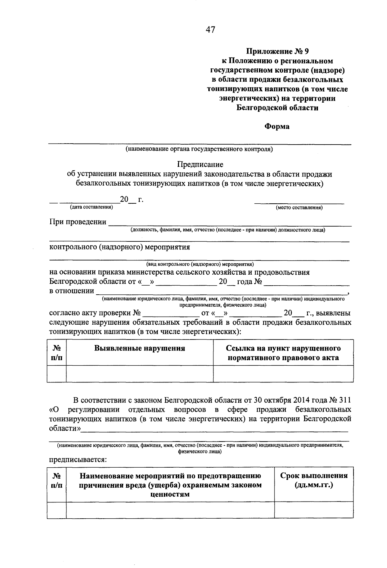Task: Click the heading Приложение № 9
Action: [277, 51]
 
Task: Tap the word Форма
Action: [277, 127]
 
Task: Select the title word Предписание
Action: [200, 165]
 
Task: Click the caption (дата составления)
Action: [92, 207]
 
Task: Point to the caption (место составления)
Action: [299, 208]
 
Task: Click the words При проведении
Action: [78, 222]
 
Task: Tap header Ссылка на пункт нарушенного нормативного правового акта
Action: [283, 353]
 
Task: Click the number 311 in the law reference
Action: [344, 401]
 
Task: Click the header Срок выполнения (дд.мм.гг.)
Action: [313, 480]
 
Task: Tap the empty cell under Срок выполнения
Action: [313, 510]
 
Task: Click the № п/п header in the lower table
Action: [57, 480]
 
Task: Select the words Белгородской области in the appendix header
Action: [277, 108]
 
